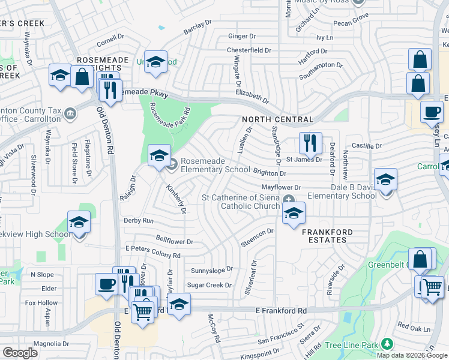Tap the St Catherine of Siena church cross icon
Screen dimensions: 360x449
pyautogui.click(x=289, y=199)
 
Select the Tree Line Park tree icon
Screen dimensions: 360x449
pyautogui.click(x=387, y=344)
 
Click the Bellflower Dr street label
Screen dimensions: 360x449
pyautogui.click(x=174, y=242)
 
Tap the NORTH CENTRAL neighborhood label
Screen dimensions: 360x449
pyautogui.click(x=270, y=120)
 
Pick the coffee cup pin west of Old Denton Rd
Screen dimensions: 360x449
pyautogui.click(x=107, y=284)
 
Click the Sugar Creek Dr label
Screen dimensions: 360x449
pyautogui.click(x=209, y=285)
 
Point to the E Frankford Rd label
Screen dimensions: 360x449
pyautogui.click(x=281, y=311)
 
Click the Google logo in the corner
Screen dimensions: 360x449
pyautogui.click(x=20, y=353)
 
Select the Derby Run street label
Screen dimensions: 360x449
pyautogui.click(x=139, y=221)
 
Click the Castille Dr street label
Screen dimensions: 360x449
pyautogui.click(x=367, y=146)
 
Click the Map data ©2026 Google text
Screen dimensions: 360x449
pyautogui.click(x=412, y=355)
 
